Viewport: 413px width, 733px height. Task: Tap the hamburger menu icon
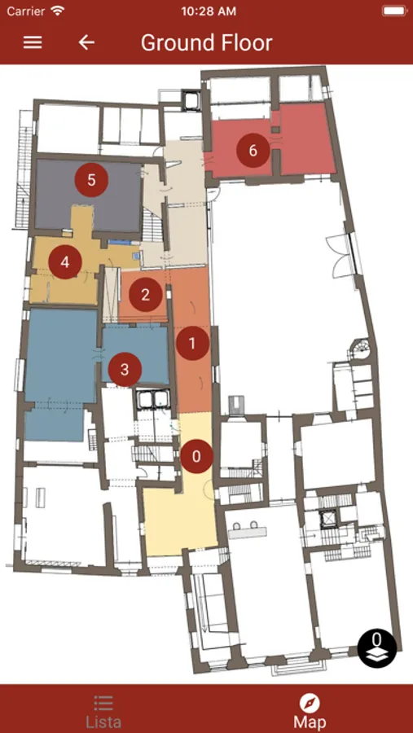click(x=33, y=42)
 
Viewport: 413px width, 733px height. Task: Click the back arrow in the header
click(x=86, y=42)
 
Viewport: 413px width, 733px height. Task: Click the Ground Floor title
click(x=206, y=42)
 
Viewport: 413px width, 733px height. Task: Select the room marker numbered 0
click(x=197, y=456)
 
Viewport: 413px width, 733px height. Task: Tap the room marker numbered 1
click(x=192, y=344)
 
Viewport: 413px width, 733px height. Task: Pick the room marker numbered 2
click(x=146, y=295)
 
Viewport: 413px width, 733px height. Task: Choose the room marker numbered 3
click(x=125, y=370)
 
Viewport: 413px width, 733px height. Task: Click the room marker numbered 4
click(x=65, y=262)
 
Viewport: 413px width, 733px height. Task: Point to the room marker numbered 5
click(x=92, y=180)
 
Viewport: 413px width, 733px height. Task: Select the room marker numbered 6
click(x=253, y=151)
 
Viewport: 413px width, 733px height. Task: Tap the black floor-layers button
click(x=377, y=648)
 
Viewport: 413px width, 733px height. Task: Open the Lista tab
click(x=103, y=712)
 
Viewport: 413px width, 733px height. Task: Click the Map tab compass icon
click(x=310, y=703)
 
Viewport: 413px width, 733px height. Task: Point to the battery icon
click(x=394, y=11)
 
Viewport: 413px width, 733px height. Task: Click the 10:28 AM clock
click(x=209, y=11)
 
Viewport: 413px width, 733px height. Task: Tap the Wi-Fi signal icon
click(x=58, y=11)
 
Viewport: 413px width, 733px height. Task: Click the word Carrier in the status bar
click(x=26, y=11)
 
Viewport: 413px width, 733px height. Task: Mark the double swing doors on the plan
click(x=344, y=255)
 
